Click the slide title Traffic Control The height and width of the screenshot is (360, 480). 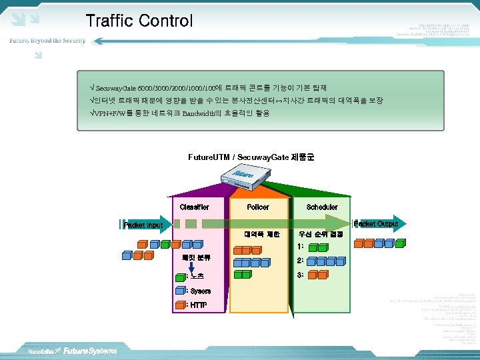(x=139, y=21)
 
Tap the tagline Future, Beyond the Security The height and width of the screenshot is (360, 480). (x=47, y=41)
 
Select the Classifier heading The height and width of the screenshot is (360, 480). (x=194, y=207)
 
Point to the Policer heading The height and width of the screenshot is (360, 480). (x=258, y=207)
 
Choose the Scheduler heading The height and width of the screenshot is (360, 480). (x=322, y=207)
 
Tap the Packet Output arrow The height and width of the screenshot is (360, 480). (x=377, y=224)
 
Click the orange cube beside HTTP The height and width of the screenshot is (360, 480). (x=179, y=305)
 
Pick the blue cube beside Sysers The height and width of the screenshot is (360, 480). (x=179, y=291)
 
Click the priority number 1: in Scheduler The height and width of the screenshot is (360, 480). (x=301, y=246)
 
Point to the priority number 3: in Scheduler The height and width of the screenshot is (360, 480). (x=301, y=275)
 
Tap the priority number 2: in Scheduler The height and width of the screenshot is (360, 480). (x=301, y=261)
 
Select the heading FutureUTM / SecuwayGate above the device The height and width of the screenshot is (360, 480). (x=251, y=157)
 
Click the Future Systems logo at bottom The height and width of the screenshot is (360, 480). (x=89, y=351)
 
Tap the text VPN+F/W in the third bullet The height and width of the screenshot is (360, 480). (x=109, y=113)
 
